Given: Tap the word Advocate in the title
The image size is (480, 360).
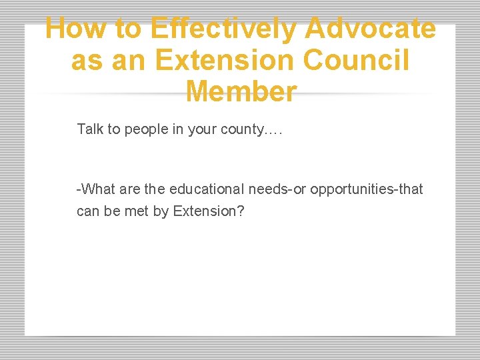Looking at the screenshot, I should point(371,29).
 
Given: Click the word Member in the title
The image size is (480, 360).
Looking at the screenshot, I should point(241,91).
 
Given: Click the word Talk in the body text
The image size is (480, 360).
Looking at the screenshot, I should point(90,129).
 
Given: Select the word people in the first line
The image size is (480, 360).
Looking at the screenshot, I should point(147,129).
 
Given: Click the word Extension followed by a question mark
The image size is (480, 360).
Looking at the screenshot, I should point(203,212).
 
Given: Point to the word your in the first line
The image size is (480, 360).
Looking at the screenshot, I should point(202,129).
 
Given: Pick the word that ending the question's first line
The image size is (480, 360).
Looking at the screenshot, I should point(411,189).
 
